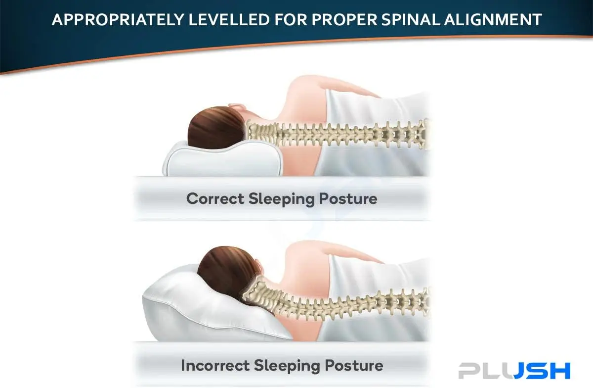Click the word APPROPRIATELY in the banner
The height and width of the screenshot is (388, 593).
(118, 20)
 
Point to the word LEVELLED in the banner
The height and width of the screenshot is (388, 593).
(229, 20)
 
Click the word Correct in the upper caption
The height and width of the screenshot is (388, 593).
(215, 198)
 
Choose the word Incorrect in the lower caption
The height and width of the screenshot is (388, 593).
(215, 365)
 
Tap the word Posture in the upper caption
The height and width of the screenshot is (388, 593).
(348, 199)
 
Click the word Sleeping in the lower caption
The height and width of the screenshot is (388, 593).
(287, 366)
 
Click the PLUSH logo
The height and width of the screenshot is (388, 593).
(514, 371)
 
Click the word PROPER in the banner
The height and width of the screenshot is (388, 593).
(344, 20)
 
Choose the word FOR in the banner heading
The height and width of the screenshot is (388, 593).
(291, 20)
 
